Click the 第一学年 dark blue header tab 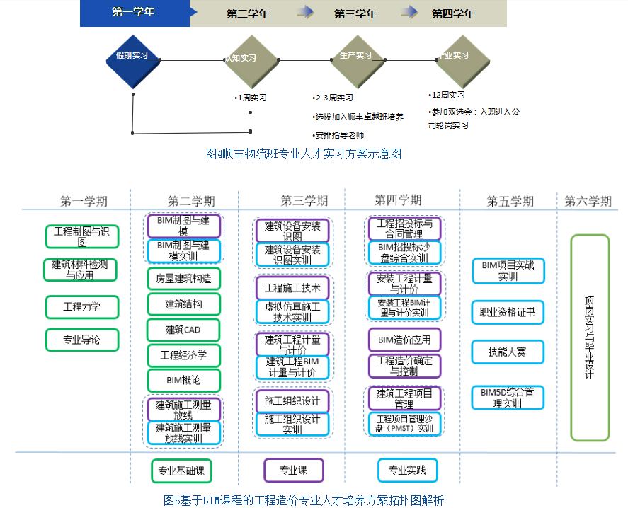click(134, 13)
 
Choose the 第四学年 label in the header click(452, 13)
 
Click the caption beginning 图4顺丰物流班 click(303, 154)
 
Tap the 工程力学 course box click(82, 307)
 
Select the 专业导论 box click(82, 340)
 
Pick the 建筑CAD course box click(183, 330)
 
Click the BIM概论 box click(183, 380)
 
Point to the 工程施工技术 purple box click(292, 288)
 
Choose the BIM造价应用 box click(404, 340)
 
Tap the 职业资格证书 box click(508, 312)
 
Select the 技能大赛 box click(508, 352)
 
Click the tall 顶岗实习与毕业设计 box click(590, 337)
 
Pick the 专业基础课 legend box click(182, 471)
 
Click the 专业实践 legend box click(407, 471)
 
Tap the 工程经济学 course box click(183, 355)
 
